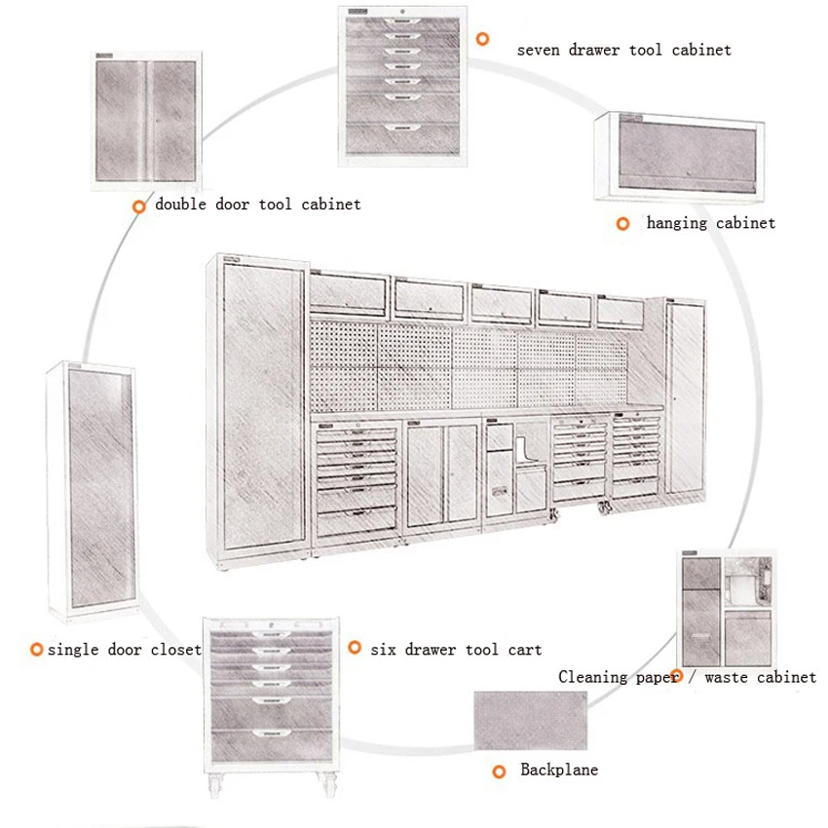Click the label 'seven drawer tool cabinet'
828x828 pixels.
(x=623, y=49)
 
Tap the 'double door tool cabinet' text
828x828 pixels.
(x=258, y=205)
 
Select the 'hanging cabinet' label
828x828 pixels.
(x=711, y=223)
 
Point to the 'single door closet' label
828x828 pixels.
(x=124, y=649)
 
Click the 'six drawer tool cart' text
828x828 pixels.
(x=456, y=649)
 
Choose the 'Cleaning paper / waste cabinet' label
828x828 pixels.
(x=687, y=677)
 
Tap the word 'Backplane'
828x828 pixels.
(x=559, y=771)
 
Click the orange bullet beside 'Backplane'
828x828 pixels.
(x=499, y=772)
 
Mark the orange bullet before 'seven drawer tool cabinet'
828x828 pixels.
(x=481, y=39)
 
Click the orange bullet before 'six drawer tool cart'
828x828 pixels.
(x=355, y=647)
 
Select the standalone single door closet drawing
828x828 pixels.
(x=90, y=495)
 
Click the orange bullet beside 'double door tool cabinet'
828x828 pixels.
(x=140, y=206)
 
